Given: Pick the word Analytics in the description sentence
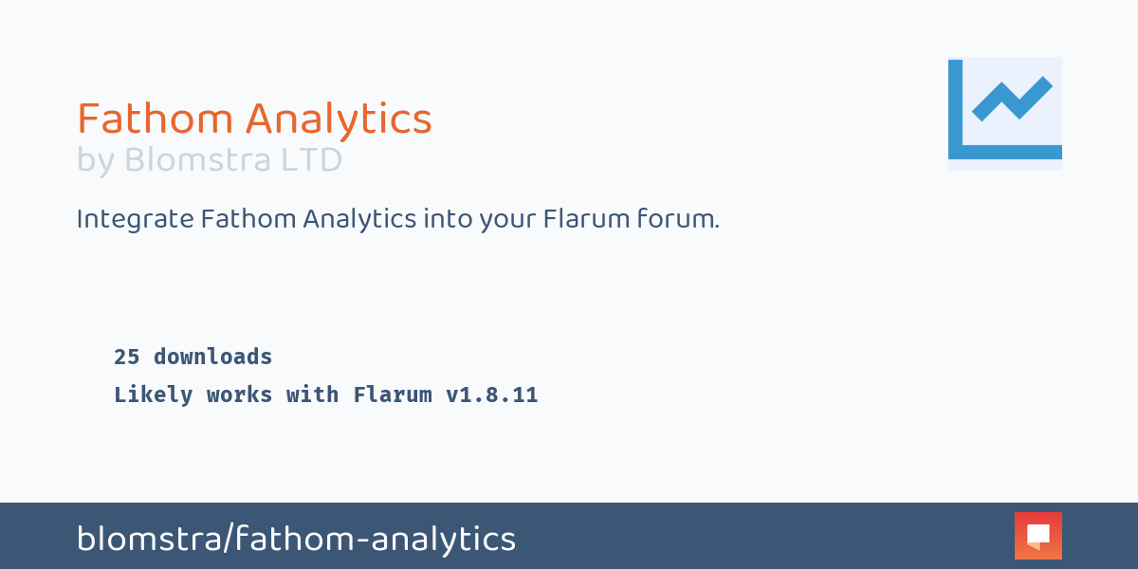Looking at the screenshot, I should click(x=360, y=219).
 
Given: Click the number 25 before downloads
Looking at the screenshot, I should click(x=127, y=358).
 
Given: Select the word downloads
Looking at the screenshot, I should click(x=213, y=358).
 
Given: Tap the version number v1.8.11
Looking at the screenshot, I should click(x=492, y=395).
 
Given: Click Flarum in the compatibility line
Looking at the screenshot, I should click(x=393, y=395).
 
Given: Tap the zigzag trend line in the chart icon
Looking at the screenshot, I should click(x=1012, y=99).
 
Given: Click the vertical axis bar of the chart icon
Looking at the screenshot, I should click(x=955, y=104).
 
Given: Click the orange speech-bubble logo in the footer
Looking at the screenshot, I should click(x=1037, y=536).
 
